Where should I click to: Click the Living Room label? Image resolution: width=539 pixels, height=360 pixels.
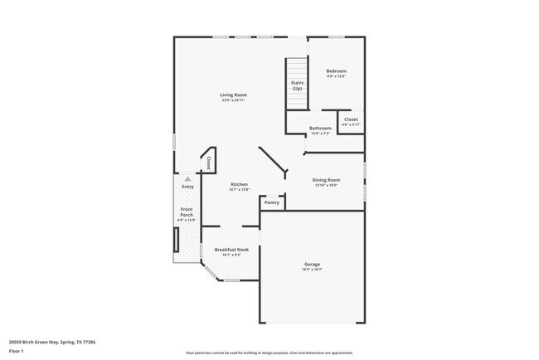(x=233, y=95)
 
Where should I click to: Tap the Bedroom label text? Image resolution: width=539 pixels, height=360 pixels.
(x=335, y=71)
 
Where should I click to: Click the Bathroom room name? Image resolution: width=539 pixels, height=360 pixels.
(x=320, y=128)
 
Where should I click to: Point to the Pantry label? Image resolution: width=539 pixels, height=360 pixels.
(x=271, y=202)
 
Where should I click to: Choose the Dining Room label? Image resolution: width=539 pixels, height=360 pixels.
(x=326, y=180)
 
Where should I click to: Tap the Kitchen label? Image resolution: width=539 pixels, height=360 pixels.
(x=239, y=184)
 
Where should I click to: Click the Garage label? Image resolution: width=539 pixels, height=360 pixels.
(x=311, y=265)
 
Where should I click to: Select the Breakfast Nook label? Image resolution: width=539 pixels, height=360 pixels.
(x=231, y=250)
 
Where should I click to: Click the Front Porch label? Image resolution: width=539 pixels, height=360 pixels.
(x=187, y=212)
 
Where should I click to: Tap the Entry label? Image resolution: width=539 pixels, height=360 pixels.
(x=187, y=186)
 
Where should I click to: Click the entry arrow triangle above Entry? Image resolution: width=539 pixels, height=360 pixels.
(x=187, y=178)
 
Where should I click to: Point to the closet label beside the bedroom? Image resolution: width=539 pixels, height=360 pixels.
(x=350, y=119)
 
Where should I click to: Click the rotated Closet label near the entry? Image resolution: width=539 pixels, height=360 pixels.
(x=208, y=162)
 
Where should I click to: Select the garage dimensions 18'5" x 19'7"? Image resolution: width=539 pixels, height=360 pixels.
(x=311, y=270)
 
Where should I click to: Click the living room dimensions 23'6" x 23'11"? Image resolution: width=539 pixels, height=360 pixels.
(x=233, y=100)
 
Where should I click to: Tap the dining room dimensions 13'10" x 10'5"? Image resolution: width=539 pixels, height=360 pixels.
(x=326, y=185)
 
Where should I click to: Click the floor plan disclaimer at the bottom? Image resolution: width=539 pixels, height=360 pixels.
(x=269, y=353)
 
